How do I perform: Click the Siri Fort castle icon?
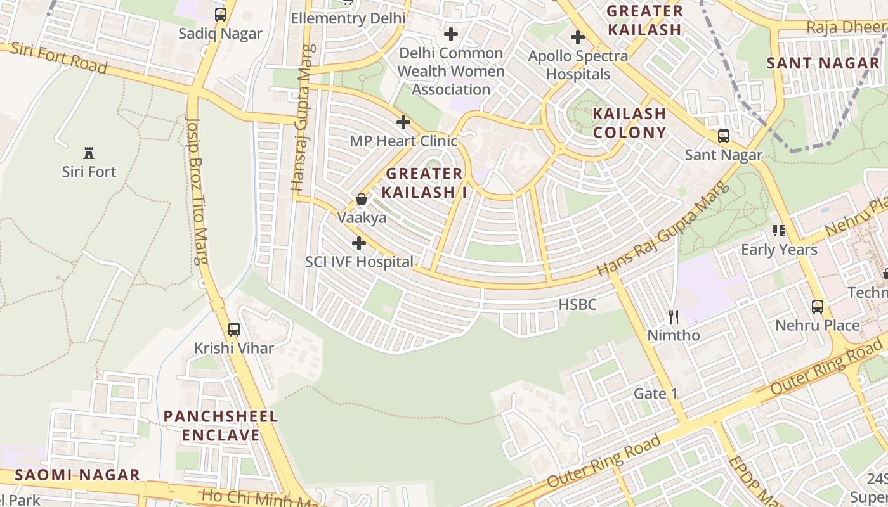[x=89, y=153]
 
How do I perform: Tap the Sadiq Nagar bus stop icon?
[x=220, y=14]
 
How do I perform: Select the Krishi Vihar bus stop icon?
[x=234, y=329]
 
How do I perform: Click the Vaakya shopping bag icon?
[x=362, y=199]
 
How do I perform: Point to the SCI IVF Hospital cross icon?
[x=359, y=243]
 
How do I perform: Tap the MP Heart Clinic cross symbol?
[x=403, y=122]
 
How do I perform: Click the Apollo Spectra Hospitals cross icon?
[x=577, y=37]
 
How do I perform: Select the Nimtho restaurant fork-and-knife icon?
[x=673, y=316]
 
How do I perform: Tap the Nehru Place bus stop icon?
[x=818, y=307]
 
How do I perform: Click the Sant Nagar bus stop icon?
[x=723, y=136]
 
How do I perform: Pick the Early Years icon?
[x=779, y=231]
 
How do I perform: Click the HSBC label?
[x=577, y=305]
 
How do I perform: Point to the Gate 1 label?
[x=656, y=394]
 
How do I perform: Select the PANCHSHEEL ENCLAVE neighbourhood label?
[x=221, y=426]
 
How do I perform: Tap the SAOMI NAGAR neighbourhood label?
[x=77, y=475]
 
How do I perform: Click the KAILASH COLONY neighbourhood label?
[x=629, y=123]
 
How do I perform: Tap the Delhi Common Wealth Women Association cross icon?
[x=451, y=34]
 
